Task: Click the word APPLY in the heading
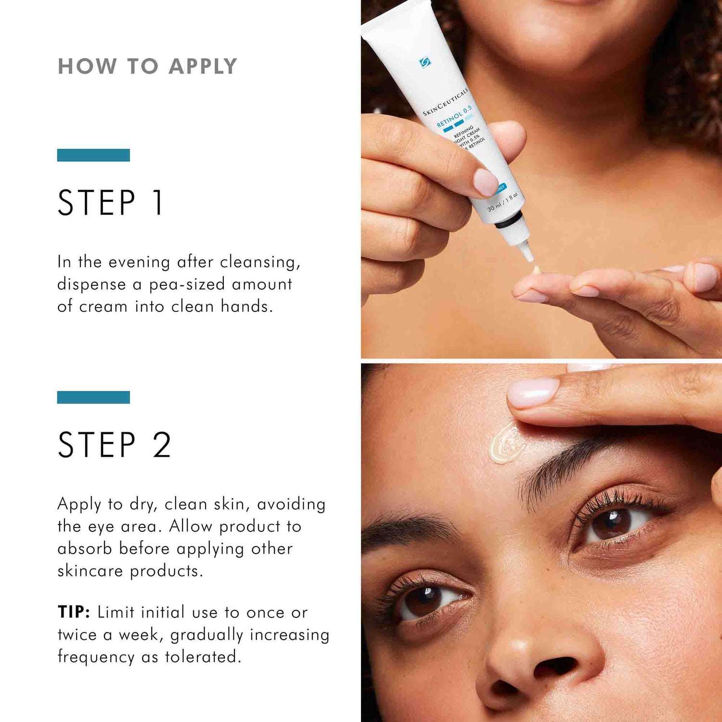point(203,66)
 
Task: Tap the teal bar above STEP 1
point(93,155)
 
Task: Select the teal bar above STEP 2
point(93,397)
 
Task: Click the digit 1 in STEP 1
point(158,203)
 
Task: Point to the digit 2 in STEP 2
point(162,445)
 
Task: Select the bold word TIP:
point(74,612)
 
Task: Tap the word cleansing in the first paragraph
point(260,262)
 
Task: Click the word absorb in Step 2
point(84,549)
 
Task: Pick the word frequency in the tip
point(96,657)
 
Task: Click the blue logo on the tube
point(425,62)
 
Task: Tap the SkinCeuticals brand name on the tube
point(445,102)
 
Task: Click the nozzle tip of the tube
point(529,255)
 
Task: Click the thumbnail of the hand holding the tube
point(485,182)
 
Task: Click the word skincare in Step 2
point(90,571)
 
